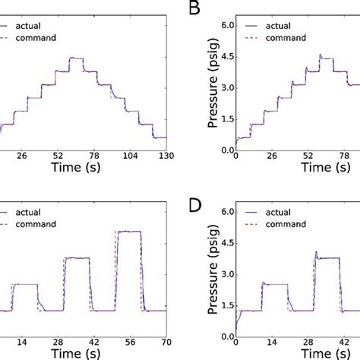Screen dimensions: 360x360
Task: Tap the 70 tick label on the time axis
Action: coord(165,342)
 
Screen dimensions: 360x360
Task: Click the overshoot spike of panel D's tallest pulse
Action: coord(315,252)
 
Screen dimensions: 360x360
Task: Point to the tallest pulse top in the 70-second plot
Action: coord(131,232)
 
